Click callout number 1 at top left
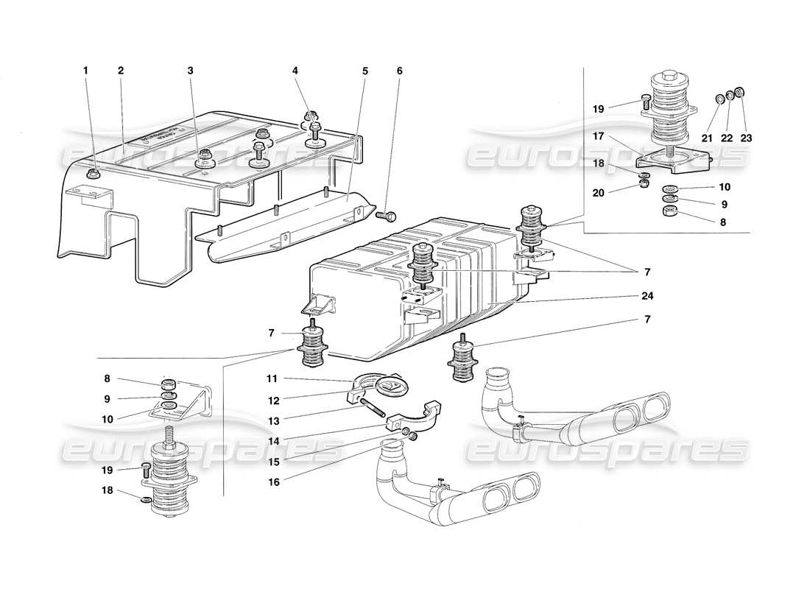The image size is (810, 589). [85, 71]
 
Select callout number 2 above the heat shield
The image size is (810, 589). [120, 71]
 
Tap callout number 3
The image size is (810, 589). [190, 71]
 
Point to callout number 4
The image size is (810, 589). [295, 71]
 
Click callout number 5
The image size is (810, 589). [364, 71]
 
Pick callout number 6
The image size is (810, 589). [400, 71]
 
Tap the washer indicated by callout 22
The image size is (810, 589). [730, 95]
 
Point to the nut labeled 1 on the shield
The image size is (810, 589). [93, 174]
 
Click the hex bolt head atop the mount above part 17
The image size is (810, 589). [669, 76]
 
